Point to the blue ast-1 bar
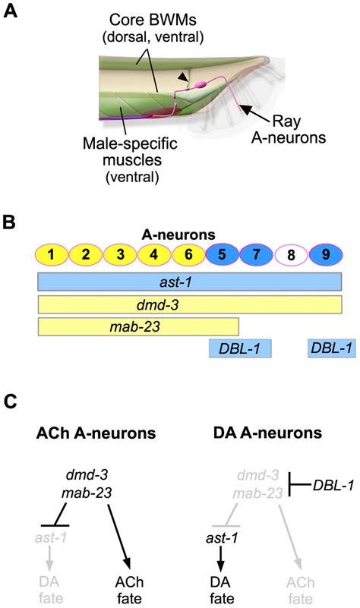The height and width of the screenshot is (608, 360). pyautogui.click(x=189, y=282)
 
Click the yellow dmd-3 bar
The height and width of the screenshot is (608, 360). pyautogui.click(x=189, y=305)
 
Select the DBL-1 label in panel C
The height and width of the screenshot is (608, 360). pyautogui.click(x=330, y=485)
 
